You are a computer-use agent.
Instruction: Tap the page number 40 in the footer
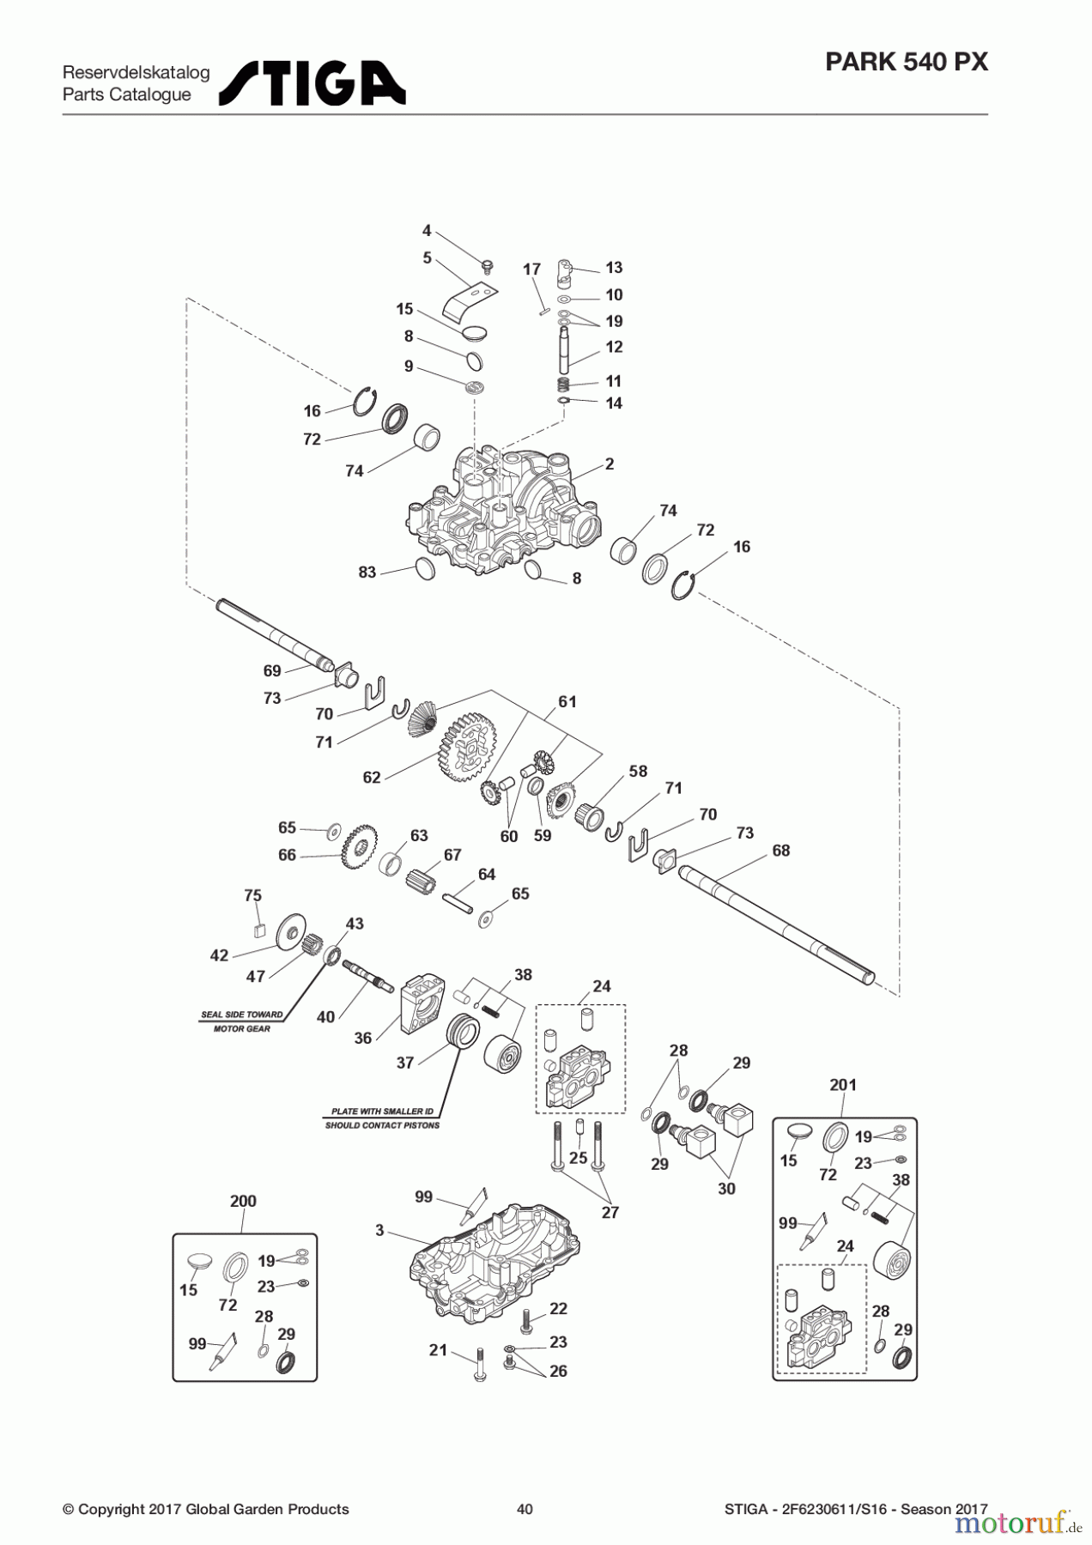coord(525,1509)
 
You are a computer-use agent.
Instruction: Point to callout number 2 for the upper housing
coord(610,464)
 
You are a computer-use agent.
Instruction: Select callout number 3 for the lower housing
coord(379,1230)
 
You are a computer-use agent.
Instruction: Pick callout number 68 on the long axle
coord(780,851)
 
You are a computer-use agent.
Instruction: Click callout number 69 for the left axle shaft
coord(272,670)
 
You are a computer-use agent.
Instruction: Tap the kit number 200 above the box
coord(243,1201)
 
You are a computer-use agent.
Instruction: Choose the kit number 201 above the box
coord(843,1085)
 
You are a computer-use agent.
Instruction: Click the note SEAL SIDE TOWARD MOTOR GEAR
coord(241,1021)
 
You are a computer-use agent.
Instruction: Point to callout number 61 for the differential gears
coord(567,701)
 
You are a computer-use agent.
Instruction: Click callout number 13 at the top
coord(614,268)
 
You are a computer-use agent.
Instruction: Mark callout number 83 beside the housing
coord(367,572)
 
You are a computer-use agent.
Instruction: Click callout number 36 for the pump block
coord(363,1038)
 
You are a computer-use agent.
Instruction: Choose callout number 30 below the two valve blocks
coord(726,1189)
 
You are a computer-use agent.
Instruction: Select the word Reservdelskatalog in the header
coord(136,72)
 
